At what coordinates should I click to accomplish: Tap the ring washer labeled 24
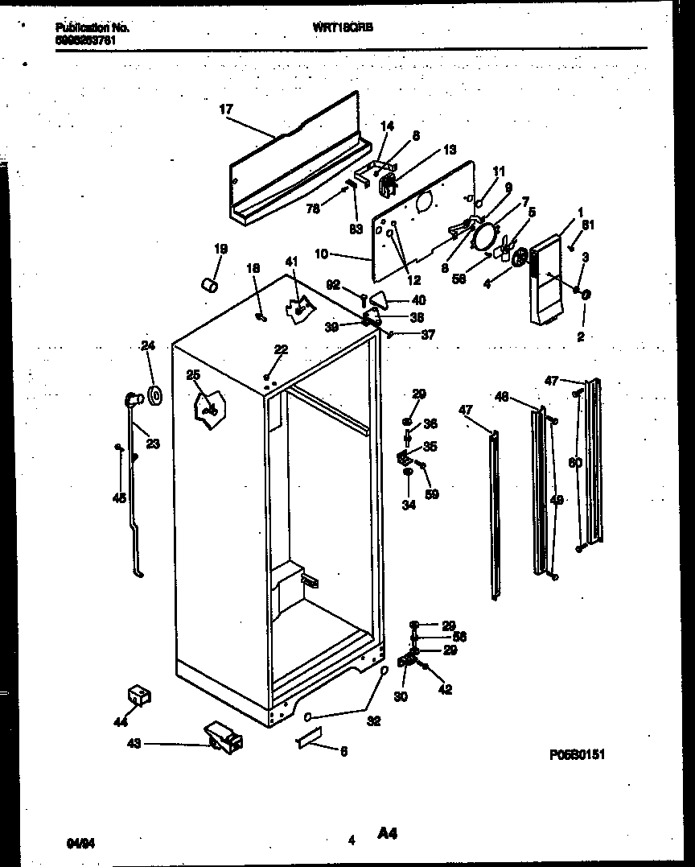click(x=155, y=394)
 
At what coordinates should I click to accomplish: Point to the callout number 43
click(x=134, y=744)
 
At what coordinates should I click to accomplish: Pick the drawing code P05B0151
click(x=577, y=754)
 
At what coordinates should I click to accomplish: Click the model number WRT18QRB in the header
click(x=343, y=27)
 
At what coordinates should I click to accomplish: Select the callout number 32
click(x=373, y=721)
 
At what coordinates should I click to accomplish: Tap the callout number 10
click(x=321, y=254)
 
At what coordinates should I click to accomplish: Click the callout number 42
click(x=446, y=689)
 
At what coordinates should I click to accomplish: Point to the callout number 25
click(x=192, y=375)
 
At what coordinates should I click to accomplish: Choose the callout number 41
click(x=290, y=261)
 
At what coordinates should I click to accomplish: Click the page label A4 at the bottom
click(x=389, y=835)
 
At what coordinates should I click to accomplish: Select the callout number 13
click(x=449, y=150)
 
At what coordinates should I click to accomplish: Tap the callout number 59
click(x=432, y=494)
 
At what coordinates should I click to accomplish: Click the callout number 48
click(x=501, y=396)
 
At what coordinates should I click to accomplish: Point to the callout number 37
click(x=427, y=335)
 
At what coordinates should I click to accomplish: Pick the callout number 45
click(x=119, y=498)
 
